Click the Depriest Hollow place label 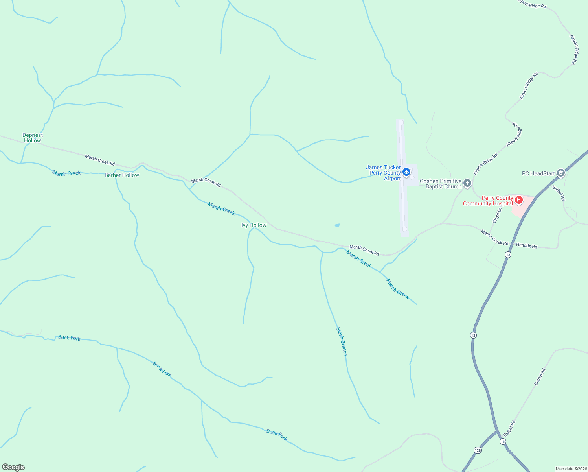[x=33, y=138]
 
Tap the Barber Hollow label [x=122, y=175]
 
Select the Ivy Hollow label [x=254, y=225]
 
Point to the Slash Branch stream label [x=342, y=341]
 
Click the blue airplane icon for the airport [x=406, y=172]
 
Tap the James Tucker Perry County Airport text [x=384, y=173]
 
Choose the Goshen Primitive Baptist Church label [x=441, y=184]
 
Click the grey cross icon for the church [x=467, y=183]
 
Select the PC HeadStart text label [x=538, y=173]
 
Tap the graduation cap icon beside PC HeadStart [x=560, y=173]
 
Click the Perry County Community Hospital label [x=488, y=201]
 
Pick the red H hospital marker [x=519, y=200]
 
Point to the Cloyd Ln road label [x=497, y=215]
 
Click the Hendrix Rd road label [x=526, y=245]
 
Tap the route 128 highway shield [x=478, y=450]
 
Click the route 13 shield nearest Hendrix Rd [x=508, y=255]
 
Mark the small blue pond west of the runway [x=337, y=225]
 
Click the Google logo [x=13, y=467]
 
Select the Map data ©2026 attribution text [x=571, y=469]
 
